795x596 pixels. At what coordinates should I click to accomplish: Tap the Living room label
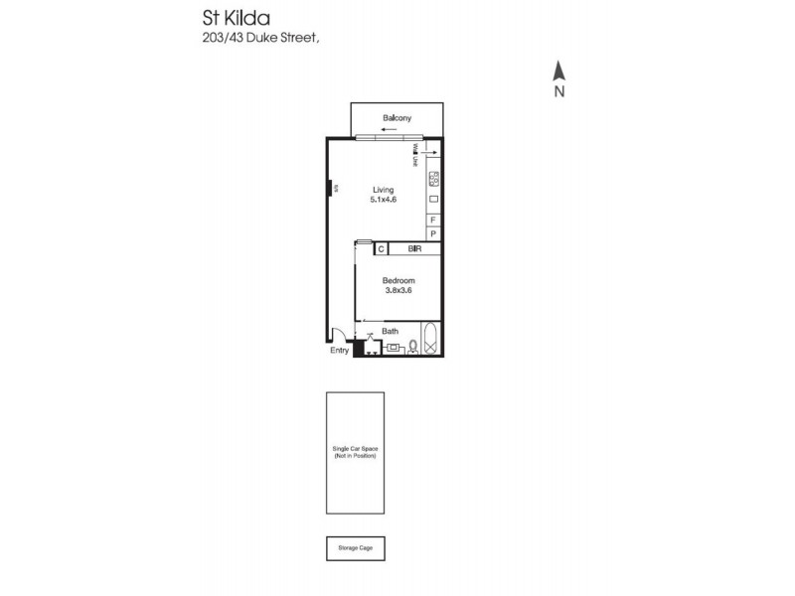click(x=384, y=190)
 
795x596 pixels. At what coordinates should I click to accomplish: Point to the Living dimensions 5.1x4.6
click(x=384, y=200)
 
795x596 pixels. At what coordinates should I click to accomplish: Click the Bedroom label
click(x=398, y=281)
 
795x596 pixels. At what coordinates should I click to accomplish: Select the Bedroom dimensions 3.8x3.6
click(x=398, y=291)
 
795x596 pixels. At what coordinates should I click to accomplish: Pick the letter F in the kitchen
click(x=433, y=219)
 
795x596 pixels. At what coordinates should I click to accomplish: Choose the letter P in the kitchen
click(x=433, y=233)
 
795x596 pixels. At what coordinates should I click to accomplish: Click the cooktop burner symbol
click(x=433, y=180)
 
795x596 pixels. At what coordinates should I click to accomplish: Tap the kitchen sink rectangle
click(x=433, y=200)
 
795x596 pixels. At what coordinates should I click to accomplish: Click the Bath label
click(x=390, y=332)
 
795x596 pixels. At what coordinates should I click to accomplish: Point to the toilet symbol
click(x=412, y=347)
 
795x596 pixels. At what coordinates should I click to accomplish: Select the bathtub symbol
click(x=431, y=341)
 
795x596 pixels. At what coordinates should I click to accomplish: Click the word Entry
click(x=340, y=350)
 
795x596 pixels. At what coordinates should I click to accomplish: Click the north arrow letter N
click(x=559, y=92)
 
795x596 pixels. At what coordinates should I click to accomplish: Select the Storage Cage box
click(x=355, y=547)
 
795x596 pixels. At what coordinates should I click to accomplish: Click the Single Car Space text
click(x=355, y=450)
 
